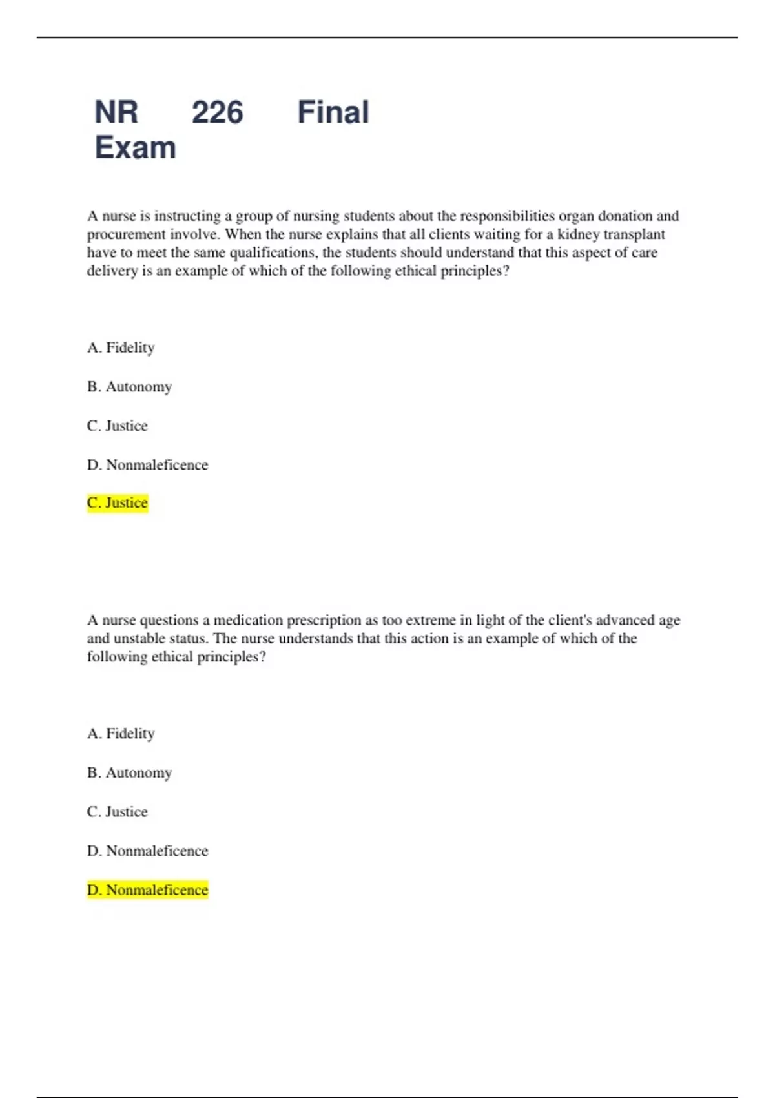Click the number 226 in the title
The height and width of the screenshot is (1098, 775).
[x=217, y=112]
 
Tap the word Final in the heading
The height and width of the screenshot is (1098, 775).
[x=333, y=112]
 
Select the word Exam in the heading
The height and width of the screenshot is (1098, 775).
[x=135, y=148]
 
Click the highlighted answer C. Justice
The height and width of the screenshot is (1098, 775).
[x=118, y=502]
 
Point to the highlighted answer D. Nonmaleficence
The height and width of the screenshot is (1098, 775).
[x=147, y=890]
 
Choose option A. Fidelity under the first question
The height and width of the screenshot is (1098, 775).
[x=121, y=347]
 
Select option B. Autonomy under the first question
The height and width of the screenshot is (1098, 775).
[x=129, y=387]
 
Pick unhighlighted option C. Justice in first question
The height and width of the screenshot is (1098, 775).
[x=117, y=426]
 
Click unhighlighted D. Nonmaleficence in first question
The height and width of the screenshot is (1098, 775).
[x=147, y=465]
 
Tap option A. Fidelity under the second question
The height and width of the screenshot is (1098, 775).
[x=121, y=734]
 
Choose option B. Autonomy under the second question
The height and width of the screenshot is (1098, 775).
[x=129, y=773]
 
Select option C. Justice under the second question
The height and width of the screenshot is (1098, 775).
[x=117, y=812]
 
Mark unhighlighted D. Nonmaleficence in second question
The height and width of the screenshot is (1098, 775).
[x=147, y=851]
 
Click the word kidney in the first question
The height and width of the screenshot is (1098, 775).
[x=578, y=234]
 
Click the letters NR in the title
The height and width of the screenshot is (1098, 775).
[x=116, y=112]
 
